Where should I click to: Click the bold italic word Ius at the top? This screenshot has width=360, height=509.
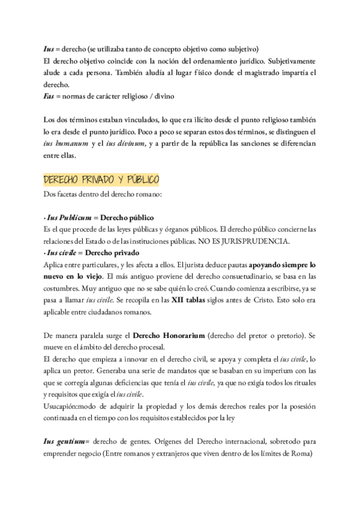pyautogui.click(x=49, y=49)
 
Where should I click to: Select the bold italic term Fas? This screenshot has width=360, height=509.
pyautogui.click(x=49, y=96)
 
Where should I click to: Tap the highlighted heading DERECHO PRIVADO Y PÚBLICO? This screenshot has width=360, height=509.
pyautogui.click(x=102, y=180)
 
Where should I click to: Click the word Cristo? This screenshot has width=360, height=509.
pyautogui.click(x=277, y=299)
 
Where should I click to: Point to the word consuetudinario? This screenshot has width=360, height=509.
pyautogui.click(x=222, y=276)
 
